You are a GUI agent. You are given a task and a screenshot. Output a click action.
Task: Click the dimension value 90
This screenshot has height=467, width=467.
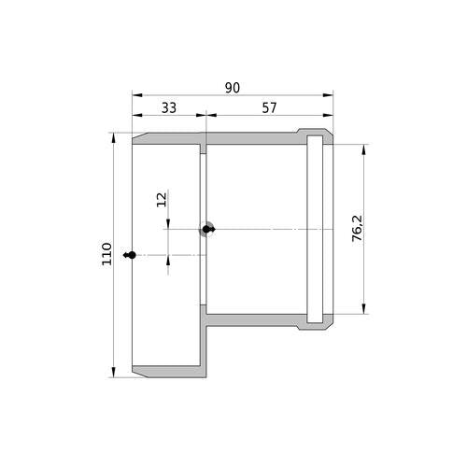233,88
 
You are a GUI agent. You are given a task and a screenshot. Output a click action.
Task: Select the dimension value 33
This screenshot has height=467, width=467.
169,107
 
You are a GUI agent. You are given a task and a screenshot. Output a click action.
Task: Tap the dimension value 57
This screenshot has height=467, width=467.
269,107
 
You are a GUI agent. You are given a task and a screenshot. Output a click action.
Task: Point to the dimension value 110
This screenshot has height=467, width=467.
106,254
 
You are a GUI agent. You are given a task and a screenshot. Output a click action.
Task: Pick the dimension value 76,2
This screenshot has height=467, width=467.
358,228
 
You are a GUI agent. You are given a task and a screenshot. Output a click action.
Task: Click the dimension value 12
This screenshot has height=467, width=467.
162,200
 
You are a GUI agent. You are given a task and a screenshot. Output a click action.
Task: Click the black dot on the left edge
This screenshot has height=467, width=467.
132,255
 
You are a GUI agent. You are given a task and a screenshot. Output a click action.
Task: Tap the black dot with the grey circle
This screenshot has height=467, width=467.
206,230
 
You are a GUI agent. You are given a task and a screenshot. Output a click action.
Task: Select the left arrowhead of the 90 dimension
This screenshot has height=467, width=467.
137,95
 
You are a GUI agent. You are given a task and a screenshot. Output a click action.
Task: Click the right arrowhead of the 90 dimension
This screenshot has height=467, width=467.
328,95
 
